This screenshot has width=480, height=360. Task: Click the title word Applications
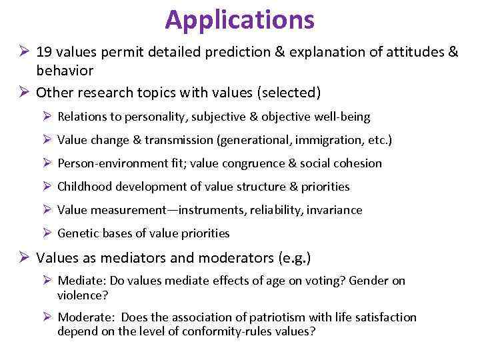(239, 19)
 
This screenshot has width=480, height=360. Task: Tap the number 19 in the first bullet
(45, 52)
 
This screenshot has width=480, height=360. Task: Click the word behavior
(65, 71)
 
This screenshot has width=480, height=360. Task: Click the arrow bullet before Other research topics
(24, 91)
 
